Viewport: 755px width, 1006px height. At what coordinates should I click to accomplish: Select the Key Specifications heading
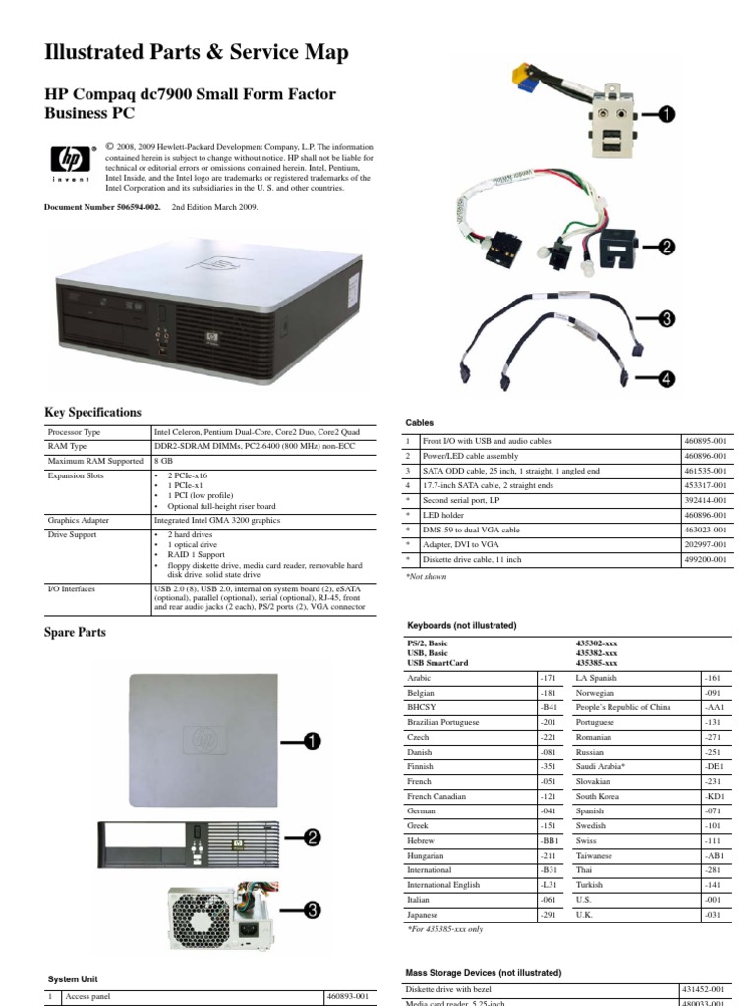[x=93, y=413]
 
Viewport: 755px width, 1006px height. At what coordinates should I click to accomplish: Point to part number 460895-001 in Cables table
[x=704, y=442]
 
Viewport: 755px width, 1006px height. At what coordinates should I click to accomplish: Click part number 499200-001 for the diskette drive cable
[x=704, y=559]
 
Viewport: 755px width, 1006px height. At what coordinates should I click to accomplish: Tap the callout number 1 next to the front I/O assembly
[x=667, y=115]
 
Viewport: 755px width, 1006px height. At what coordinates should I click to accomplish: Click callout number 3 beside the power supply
[x=313, y=911]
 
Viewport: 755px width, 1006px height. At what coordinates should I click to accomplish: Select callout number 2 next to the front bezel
[x=313, y=837]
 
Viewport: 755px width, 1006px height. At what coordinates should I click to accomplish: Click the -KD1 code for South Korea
[x=714, y=797]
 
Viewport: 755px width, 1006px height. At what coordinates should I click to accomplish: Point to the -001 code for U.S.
[x=712, y=899]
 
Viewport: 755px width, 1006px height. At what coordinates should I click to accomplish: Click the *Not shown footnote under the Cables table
[x=427, y=577]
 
